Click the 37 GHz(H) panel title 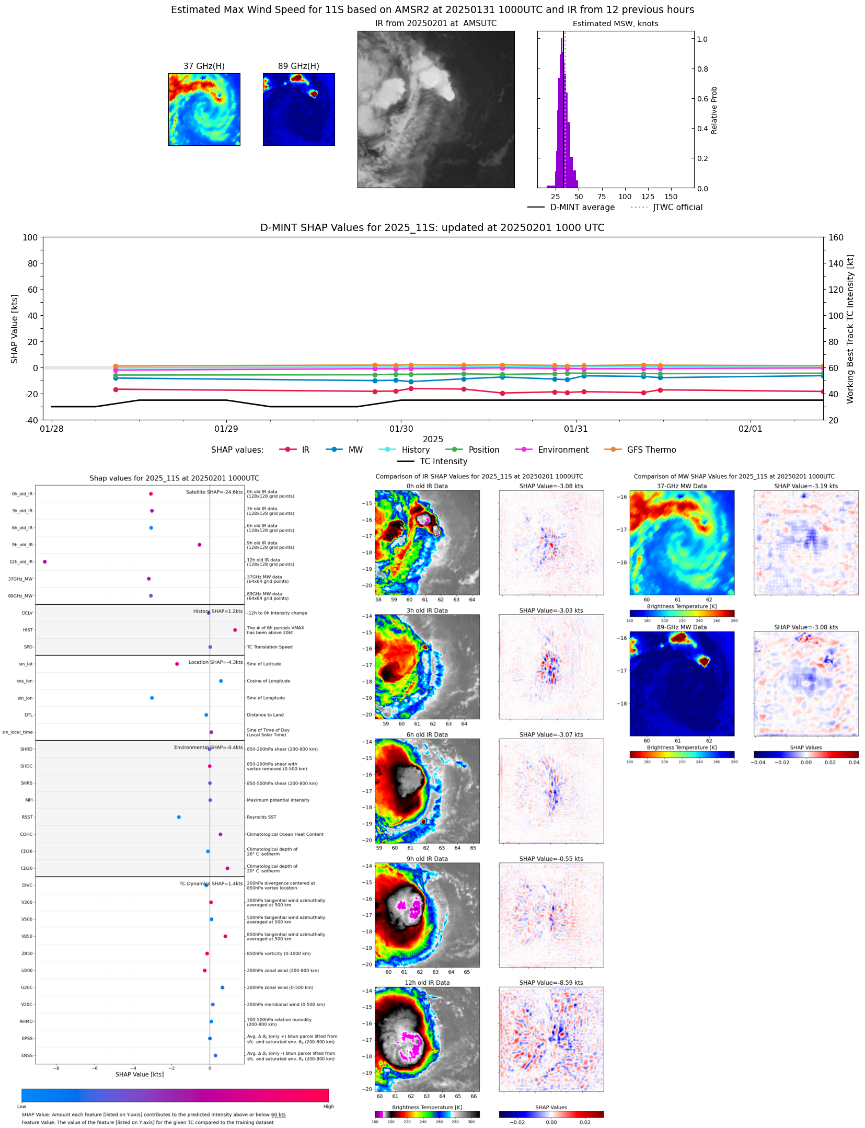coord(204,66)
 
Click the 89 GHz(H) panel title coord(298,66)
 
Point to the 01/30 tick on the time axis coord(401,429)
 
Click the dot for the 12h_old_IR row coord(45,562)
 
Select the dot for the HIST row coord(235,630)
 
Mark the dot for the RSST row coord(179,817)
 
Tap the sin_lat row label coord(26,664)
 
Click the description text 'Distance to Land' coord(265,715)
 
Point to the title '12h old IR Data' coord(427,983)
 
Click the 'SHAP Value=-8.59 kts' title coord(551,983)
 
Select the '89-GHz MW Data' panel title coord(682,627)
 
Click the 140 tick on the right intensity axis coord(836,263)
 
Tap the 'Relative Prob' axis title coord(714,110)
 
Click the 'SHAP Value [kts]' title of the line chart coord(15,328)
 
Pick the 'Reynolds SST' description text coord(261,817)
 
